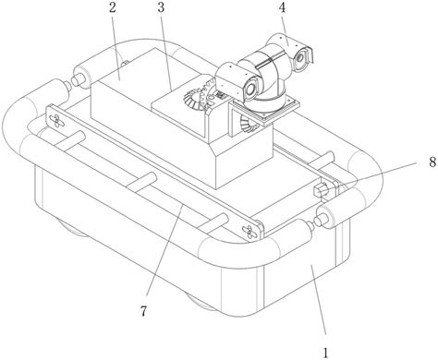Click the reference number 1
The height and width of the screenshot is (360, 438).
(x=325, y=353)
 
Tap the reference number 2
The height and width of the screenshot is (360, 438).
(x=112, y=8)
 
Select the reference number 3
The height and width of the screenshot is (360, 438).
(x=161, y=8)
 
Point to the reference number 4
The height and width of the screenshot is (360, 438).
(x=282, y=8)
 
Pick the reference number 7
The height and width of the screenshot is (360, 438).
(x=144, y=311)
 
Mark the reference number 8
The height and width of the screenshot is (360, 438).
(x=433, y=162)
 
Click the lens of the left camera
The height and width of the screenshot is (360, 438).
(x=250, y=88)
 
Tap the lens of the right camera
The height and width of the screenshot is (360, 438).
(x=299, y=58)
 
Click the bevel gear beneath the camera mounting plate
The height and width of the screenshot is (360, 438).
(x=246, y=124)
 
